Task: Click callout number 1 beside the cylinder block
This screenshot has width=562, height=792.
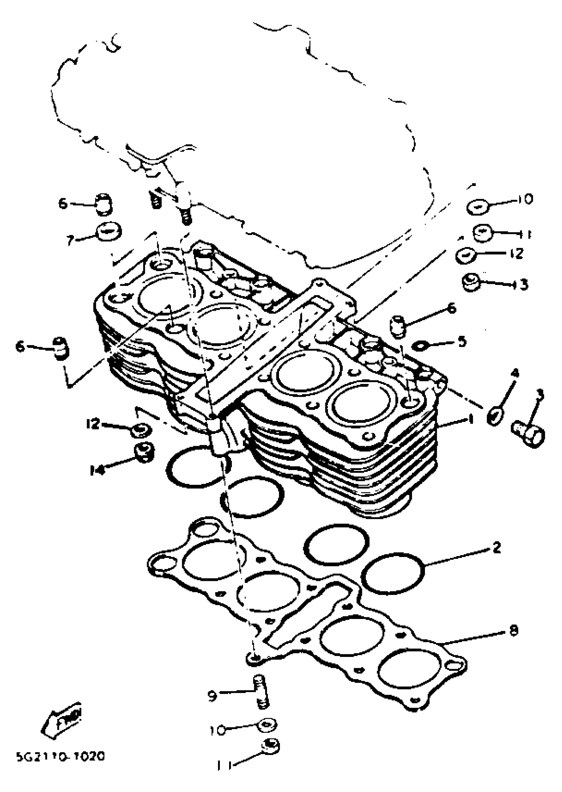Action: [x=470, y=420]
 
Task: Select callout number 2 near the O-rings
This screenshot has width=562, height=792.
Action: [x=497, y=548]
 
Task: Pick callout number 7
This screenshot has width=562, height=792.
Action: [x=71, y=240]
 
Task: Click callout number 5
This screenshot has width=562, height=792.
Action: [x=462, y=342]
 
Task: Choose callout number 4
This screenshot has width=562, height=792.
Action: [x=515, y=373]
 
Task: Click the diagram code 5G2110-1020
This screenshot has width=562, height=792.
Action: [x=60, y=756]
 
